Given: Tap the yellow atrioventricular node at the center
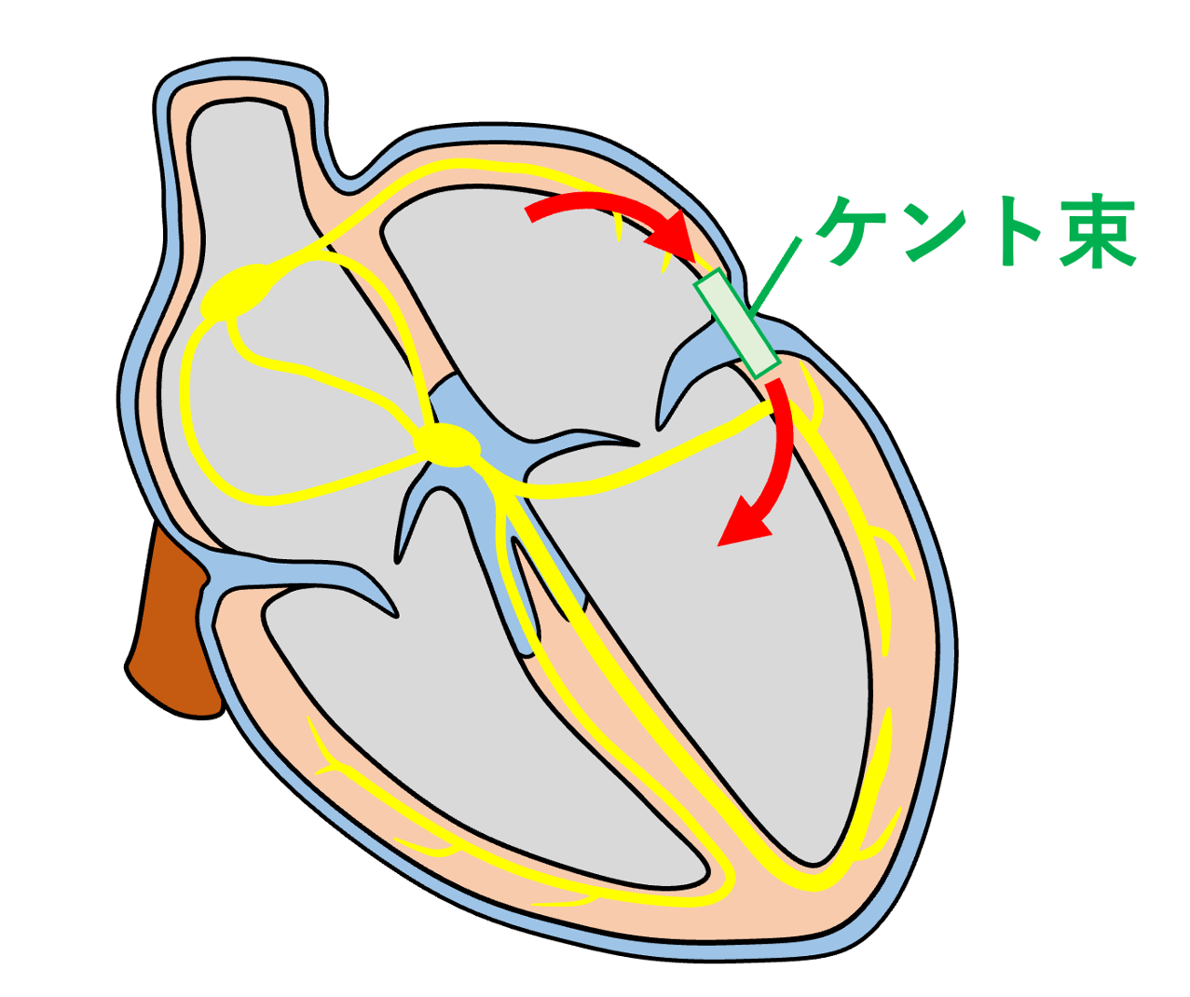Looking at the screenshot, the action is coord(446,445).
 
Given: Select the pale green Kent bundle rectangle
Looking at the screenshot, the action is coord(737,323).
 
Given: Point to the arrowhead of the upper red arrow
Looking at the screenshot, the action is coord(675,238).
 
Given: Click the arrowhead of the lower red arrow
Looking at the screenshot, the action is coord(743,525).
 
